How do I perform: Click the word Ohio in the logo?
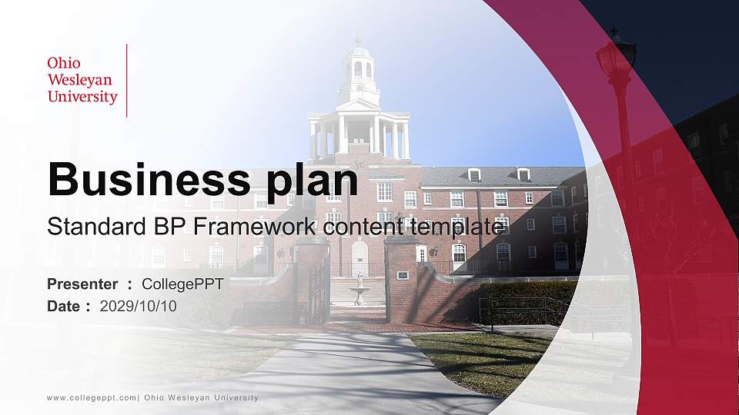(64, 63)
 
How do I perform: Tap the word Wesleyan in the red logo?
(79, 80)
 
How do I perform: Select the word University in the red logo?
(82, 97)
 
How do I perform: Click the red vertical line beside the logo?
(126, 81)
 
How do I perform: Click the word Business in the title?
(144, 180)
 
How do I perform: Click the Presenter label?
(82, 284)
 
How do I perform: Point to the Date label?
(64, 306)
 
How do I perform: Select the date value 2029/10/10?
(139, 306)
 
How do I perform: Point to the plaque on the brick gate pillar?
(402, 274)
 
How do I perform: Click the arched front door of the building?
(359, 258)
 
